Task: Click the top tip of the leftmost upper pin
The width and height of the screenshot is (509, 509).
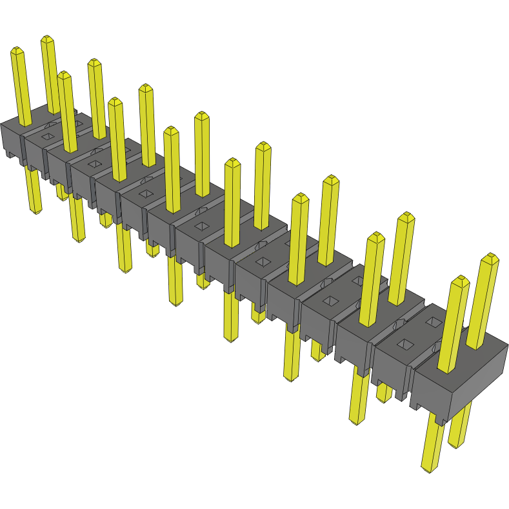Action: tap(17, 50)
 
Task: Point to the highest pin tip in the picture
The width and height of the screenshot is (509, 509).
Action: tap(47, 39)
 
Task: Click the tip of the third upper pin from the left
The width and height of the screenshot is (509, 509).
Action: tap(64, 75)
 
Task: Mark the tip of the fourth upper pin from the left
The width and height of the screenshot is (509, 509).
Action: tap(95, 62)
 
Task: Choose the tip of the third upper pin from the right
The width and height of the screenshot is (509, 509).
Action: tap(406, 216)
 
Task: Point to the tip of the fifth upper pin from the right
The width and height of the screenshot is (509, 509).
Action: tap(331, 179)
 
